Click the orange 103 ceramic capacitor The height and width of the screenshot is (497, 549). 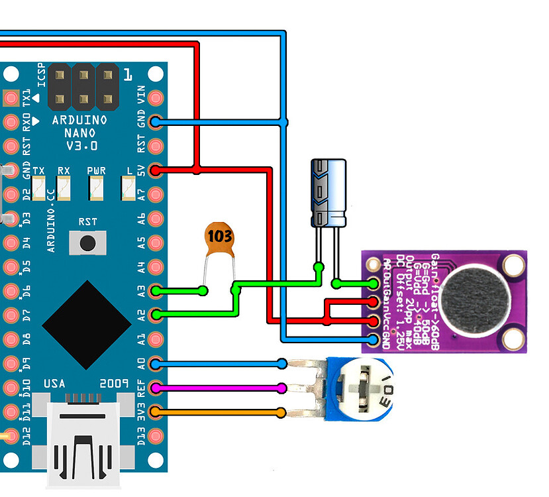tap(219, 241)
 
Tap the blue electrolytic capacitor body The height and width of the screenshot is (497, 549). tap(329, 192)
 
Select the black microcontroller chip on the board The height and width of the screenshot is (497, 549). tap(86, 325)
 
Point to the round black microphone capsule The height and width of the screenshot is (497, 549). tap(471, 298)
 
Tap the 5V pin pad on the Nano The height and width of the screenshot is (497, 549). tap(156, 170)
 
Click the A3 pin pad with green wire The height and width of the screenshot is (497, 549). tap(156, 290)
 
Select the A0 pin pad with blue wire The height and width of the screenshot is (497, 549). tap(156, 363)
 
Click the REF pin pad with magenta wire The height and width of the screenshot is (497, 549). tap(156, 388)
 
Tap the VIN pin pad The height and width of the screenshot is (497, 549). tap(156, 97)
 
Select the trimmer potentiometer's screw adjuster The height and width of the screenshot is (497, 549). tap(363, 391)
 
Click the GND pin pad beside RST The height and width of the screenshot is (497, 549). tap(156, 121)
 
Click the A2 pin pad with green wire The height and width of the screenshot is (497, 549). tap(156, 315)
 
